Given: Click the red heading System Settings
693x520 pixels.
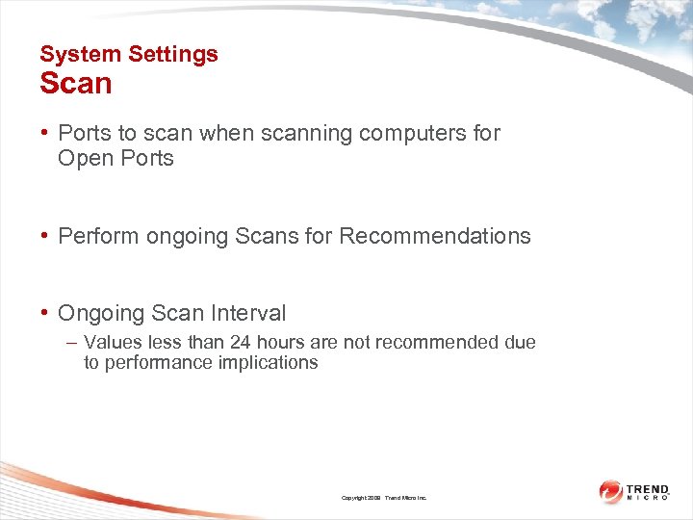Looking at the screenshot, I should [x=129, y=54].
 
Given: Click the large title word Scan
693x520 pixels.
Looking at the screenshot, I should [x=76, y=84].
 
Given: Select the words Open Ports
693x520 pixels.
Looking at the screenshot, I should [x=115, y=158].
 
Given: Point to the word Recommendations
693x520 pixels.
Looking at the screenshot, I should [x=435, y=236].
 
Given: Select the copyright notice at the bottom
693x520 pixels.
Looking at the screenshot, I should [x=384, y=498].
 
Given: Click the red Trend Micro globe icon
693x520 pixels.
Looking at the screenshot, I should [x=611, y=491].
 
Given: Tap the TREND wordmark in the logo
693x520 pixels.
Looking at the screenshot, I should [x=649, y=488].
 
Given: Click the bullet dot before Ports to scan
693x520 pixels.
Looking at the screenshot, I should [x=45, y=133].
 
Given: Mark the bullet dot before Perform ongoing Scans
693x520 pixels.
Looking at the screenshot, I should [x=45, y=236].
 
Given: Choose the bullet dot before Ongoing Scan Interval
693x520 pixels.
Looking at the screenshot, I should [x=45, y=313].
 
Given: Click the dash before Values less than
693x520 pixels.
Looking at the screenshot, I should [x=73, y=343].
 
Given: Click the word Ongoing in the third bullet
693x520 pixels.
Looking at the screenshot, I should [x=98, y=313].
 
